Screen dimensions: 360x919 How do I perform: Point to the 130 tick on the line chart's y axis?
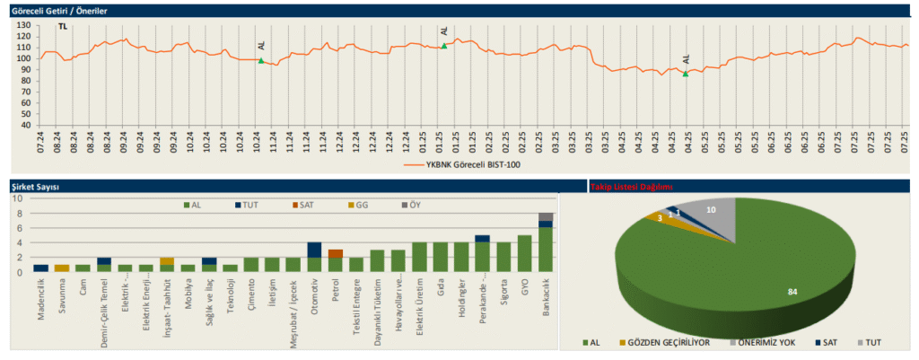click(25, 24)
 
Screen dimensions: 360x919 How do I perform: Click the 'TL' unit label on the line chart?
click(62, 29)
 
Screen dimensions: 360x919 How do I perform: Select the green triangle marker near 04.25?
click(686, 74)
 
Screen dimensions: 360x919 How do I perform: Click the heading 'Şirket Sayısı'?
click(34, 187)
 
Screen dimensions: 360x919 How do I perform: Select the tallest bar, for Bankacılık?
click(547, 247)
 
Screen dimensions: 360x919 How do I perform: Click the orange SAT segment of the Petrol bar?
click(336, 254)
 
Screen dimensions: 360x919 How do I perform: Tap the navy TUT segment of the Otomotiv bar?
click(314, 250)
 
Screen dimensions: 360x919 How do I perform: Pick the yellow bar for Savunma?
click(62, 268)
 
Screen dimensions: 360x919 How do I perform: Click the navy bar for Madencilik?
click(40, 268)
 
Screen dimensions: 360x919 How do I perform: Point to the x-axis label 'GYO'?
click(525, 285)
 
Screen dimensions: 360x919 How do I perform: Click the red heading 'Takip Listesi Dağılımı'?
click(630, 187)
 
